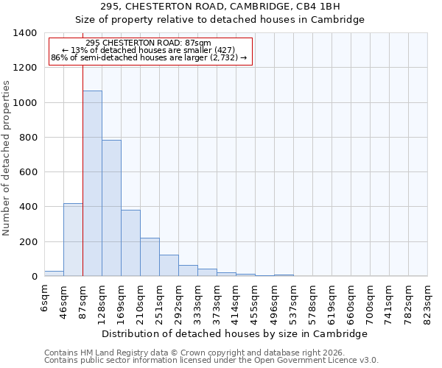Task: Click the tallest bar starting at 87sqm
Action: click(92, 183)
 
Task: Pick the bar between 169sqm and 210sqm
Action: click(130, 243)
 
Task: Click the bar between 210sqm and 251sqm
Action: click(150, 257)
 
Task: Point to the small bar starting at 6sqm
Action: click(54, 273)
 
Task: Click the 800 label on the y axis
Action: click(28, 138)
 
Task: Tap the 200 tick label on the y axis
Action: click(28, 242)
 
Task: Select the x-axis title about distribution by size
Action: click(234, 333)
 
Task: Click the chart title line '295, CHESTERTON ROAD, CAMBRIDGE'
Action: click(235, 6)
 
